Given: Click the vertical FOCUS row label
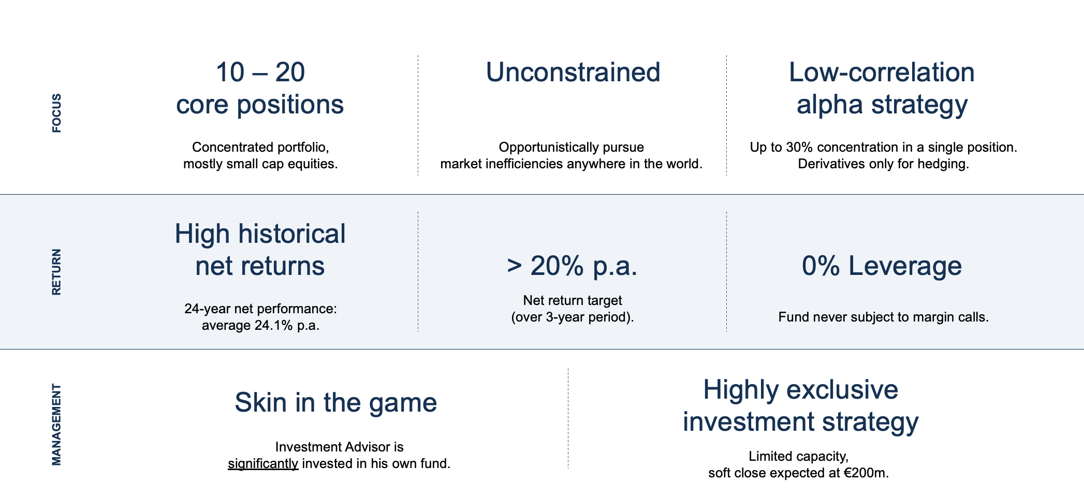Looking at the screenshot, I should (x=56, y=113).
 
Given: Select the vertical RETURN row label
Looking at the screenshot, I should (x=56, y=272).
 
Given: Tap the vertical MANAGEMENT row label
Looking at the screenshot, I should (x=56, y=424).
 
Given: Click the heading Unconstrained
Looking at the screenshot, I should (x=573, y=72).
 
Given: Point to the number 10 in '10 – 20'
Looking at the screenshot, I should (x=230, y=72).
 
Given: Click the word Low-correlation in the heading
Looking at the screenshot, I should (x=881, y=72).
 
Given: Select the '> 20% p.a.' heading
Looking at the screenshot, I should (x=572, y=266).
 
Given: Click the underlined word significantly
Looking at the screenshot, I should (x=262, y=464).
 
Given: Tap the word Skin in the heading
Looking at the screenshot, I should (x=260, y=403).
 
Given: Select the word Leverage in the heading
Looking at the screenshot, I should (x=904, y=266).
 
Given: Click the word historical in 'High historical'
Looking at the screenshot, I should (x=292, y=234).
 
